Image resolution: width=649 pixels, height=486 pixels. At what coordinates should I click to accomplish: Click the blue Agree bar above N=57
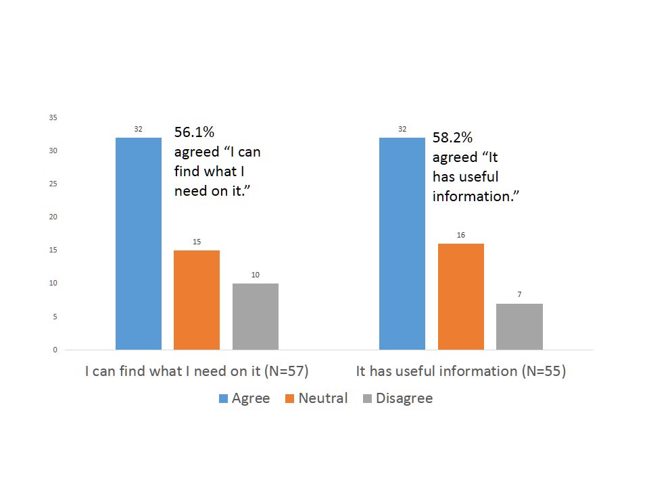(x=139, y=243)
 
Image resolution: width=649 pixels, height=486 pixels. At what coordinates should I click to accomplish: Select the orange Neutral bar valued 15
(x=197, y=300)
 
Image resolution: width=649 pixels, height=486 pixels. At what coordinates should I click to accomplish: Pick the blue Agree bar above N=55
(x=402, y=243)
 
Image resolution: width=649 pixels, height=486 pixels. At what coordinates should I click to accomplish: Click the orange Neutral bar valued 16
(x=461, y=296)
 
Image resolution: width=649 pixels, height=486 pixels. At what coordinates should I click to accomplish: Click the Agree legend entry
(x=244, y=398)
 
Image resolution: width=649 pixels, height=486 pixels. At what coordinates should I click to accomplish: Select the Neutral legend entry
(x=316, y=398)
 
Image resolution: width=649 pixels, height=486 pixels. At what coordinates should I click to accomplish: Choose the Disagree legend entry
(x=397, y=398)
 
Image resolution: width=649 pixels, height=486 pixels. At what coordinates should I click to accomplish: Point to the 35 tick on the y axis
(x=53, y=117)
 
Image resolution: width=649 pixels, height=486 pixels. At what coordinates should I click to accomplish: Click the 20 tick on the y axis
(x=53, y=217)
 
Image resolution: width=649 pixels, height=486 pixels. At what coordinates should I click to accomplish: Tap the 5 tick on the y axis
(x=54, y=317)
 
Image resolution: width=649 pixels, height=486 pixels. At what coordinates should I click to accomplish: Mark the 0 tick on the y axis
(x=54, y=350)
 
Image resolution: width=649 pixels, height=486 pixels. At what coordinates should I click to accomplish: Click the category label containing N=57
(x=197, y=371)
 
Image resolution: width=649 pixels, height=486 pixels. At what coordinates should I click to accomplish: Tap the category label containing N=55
(x=460, y=371)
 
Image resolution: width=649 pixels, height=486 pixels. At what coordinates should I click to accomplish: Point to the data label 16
(x=461, y=235)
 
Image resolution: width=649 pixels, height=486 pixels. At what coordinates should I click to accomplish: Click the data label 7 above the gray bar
(x=519, y=295)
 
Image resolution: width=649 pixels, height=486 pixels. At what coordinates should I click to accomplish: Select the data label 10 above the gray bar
(x=256, y=275)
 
